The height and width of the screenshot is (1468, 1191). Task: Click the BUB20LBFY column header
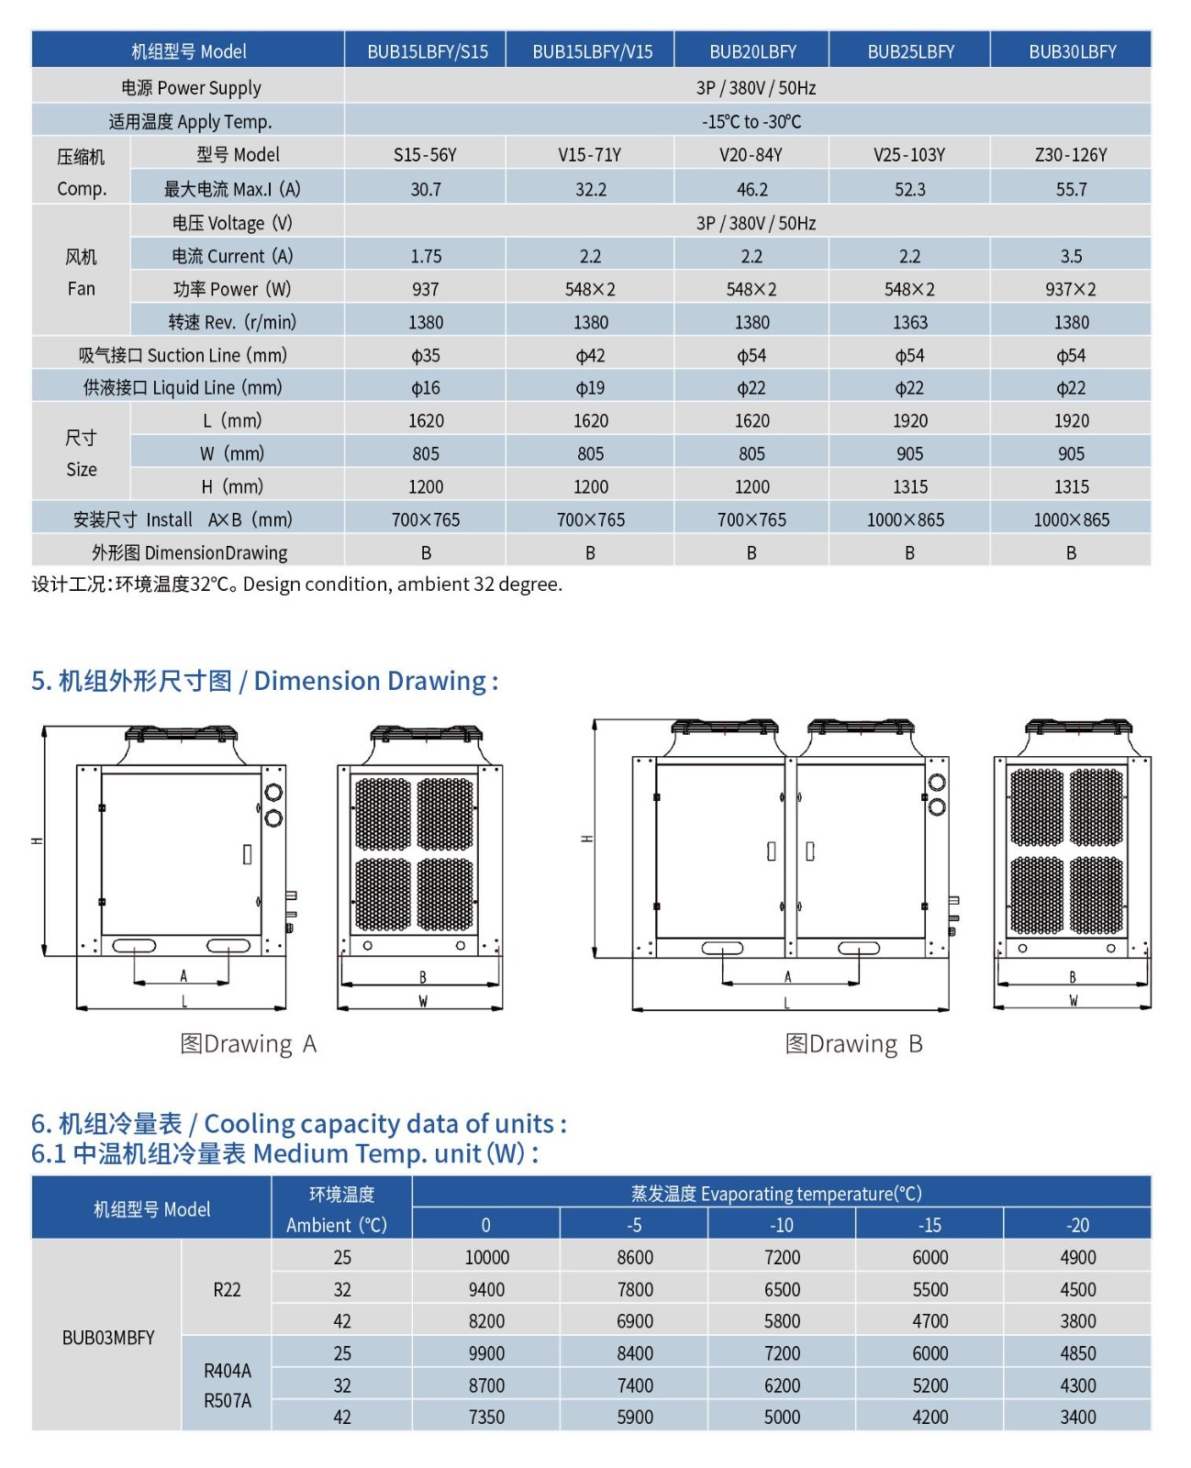pos(752,51)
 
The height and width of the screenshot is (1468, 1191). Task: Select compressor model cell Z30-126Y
pos(1071,155)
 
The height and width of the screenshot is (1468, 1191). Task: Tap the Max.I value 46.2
pos(752,189)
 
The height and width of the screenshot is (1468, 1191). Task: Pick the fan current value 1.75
pos(426,256)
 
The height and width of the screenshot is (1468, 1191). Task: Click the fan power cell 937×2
pos(1071,289)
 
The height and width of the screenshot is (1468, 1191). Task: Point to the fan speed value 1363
pos(910,322)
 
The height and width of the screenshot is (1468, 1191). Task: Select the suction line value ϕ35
pos(426,355)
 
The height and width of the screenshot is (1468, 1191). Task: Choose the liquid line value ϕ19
pos(590,388)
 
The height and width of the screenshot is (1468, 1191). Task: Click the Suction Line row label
pos(183,355)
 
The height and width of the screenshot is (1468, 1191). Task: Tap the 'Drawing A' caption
pos(249,1044)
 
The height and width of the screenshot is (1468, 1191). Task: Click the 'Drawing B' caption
pos(853,1044)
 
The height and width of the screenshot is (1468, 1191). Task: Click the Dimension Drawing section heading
pos(265,681)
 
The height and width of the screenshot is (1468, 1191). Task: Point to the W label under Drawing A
pos(423,1002)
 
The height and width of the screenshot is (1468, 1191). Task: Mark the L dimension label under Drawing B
pos(786,1004)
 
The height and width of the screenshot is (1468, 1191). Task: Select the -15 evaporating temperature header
pos(929,1225)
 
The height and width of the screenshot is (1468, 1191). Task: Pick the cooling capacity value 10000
pos(486,1257)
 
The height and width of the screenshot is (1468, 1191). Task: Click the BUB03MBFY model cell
pos(107,1338)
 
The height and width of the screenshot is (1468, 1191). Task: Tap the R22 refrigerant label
pos(227,1289)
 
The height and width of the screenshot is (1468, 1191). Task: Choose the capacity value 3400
pos(1077,1417)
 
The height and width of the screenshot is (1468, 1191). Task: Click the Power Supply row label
pos(191,88)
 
